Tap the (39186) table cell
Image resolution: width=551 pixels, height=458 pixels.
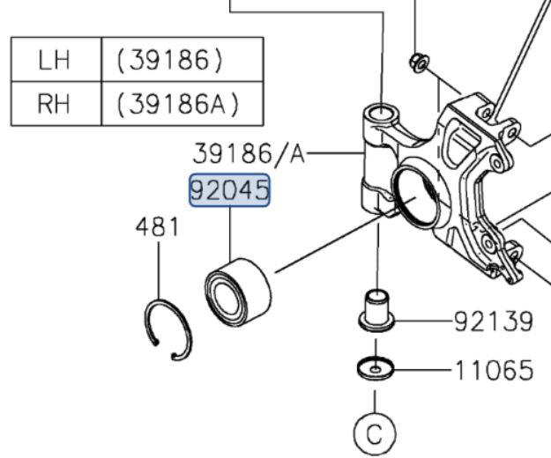168,61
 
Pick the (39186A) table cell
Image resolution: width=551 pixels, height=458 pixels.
177,105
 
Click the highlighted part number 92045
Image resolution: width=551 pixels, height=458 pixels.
230,190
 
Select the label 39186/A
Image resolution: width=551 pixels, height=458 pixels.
248,155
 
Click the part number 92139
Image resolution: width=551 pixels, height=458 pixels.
494,321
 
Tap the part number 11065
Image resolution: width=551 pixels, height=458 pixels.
494,369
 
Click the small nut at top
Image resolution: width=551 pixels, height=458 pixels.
419,61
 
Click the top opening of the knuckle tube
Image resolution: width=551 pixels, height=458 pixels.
380,114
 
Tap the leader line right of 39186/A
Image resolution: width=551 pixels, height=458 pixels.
335,154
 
